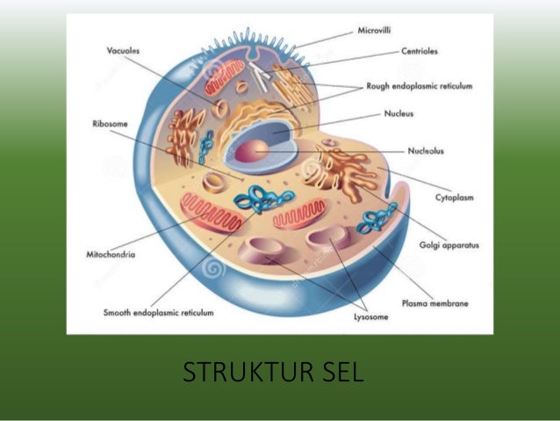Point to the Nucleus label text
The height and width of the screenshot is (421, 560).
pyautogui.click(x=399, y=114)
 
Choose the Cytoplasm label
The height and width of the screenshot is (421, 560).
pyautogui.click(x=455, y=198)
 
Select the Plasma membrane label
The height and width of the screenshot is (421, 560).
pyautogui.click(x=434, y=303)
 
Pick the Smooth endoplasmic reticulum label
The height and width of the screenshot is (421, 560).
pyautogui.click(x=158, y=311)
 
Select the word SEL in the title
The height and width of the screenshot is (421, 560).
pyautogui.click(x=338, y=373)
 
